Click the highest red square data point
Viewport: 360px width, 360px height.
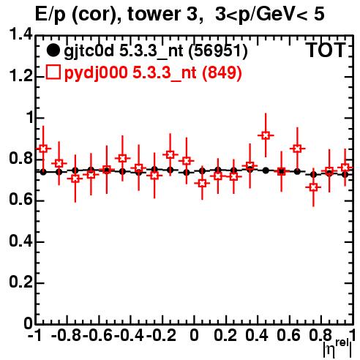(x=266, y=135)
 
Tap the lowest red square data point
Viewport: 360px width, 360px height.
(x=313, y=187)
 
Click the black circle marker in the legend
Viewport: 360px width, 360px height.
(x=53, y=50)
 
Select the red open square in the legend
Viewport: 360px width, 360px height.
(x=53, y=72)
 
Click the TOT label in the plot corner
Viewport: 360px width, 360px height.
(x=326, y=50)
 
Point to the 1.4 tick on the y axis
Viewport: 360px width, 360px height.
(x=20, y=34)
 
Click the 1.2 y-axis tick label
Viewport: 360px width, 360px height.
(x=20, y=76)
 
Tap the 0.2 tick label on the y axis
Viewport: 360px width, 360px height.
(x=20, y=282)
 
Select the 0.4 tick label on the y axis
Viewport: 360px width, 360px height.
(x=20, y=241)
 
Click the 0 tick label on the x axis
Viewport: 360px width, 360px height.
(x=194, y=335)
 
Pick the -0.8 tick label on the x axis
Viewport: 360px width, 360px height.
(x=67, y=335)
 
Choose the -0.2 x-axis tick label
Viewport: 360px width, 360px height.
(x=162, y=335)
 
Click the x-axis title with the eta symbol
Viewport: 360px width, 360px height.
(x=338, y=348)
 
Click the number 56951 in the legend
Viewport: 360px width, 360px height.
(x=218, y=51)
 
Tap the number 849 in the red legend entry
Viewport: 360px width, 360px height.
(x=222, y=72)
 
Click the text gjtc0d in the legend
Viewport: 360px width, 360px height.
(x=89, y=52)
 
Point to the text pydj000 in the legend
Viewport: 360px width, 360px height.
(x=96, y=73)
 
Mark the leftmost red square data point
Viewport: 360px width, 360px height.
(x=43, y=149)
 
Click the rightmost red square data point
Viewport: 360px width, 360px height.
(x=345, y=168)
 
